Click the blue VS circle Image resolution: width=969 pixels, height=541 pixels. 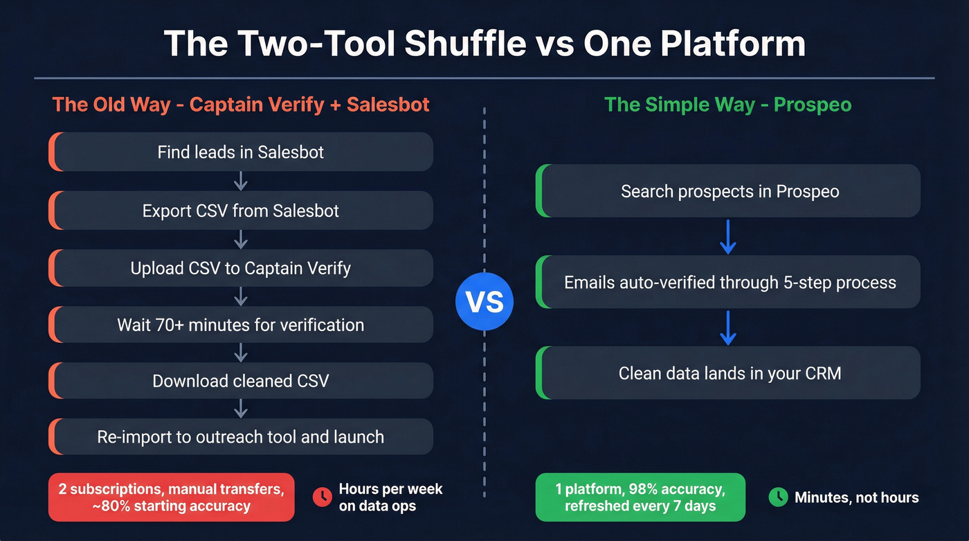[x=484, y=303]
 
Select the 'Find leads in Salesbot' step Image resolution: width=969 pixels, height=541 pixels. [x=241, y=152]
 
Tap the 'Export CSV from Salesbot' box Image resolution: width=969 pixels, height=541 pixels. [x=241, y=211]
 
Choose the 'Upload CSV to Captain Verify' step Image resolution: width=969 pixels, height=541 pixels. [x=241, y=268]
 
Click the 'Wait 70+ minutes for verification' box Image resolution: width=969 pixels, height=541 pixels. [x=241, y=325]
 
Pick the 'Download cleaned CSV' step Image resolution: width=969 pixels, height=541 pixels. [x=241, y=381]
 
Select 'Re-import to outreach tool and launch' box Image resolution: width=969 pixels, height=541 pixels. [x=241, y=437]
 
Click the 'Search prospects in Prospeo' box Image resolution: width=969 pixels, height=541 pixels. [x=729, y=191]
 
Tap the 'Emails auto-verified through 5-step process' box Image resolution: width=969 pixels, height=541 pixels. [x=729, y=283]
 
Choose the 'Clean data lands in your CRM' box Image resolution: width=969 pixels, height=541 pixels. [x=729, y=373]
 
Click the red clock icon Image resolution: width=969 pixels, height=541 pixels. [x=322, y=497]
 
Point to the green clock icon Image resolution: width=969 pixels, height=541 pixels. [x=779, y=497]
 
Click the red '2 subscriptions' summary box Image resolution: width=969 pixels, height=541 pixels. [x=171, y=497]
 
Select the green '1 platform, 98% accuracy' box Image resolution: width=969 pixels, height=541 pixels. [x=640, y=497]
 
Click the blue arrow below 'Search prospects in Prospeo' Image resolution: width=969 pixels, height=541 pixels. [x=727, y=237]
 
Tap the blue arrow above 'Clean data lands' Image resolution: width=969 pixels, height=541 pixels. [x=727, y=328]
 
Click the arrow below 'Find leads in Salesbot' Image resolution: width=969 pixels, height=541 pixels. [x=241, y=181]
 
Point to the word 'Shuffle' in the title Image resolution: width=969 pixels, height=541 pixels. [x=465, y=44]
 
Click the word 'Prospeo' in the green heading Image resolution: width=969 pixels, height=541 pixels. [x=812, y=105]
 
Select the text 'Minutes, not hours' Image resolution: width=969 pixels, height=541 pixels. [x=856, y=497]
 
